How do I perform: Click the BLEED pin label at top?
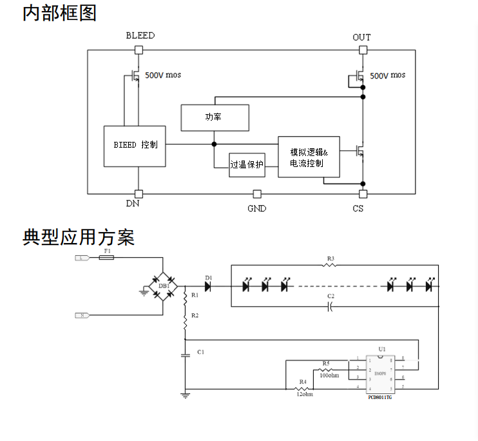point(140,36)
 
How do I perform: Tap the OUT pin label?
point(361,37)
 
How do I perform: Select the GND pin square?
point(256,193)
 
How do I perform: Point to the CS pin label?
point(358,208)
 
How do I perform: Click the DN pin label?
point(133,204)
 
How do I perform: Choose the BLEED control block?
point(135,146)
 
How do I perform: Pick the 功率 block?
point(215,117)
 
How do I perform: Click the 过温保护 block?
point(247,164)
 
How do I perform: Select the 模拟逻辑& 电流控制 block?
point(309,157)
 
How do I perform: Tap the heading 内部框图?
point(60,13)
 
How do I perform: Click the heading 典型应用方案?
point(78,237)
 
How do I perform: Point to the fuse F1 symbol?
point(107,257)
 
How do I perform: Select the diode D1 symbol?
point(207,285)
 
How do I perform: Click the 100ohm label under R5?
point(329,375)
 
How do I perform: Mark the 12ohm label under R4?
point(304,395)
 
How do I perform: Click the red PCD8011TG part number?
point(380,398)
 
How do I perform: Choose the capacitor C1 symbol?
point(186,357)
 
